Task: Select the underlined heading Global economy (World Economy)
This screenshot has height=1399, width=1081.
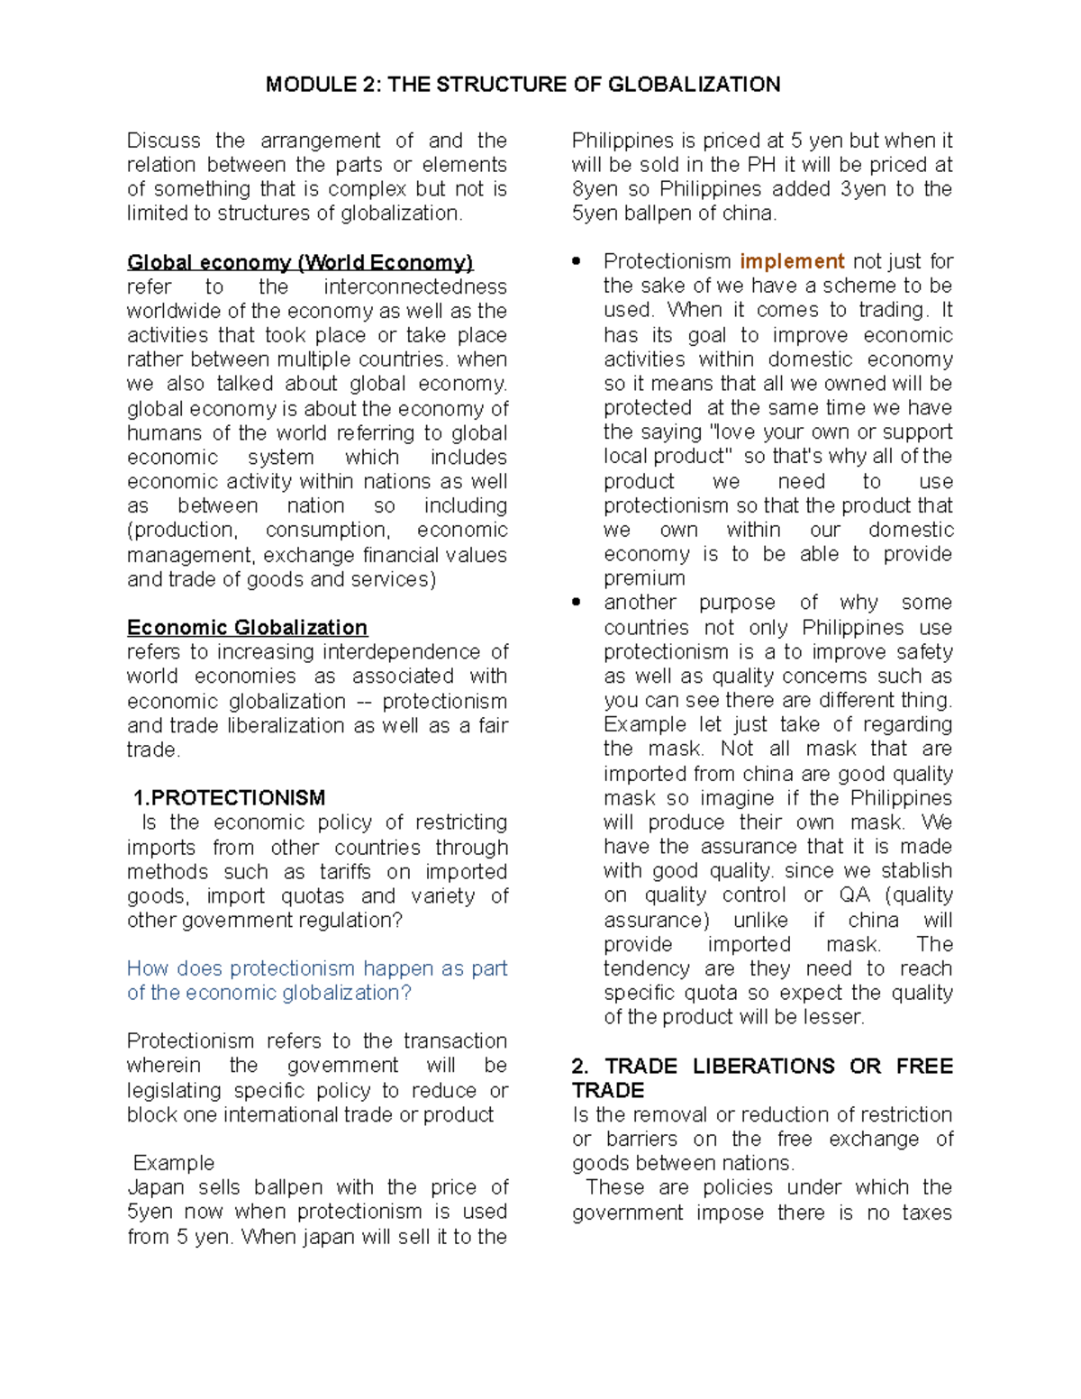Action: click(x=299, y=262)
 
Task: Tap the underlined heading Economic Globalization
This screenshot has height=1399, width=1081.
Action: click(x=247, y=627)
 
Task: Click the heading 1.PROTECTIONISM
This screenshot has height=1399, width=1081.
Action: click(x=229, y=797)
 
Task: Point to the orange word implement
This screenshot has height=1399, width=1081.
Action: click(x=792, y=261)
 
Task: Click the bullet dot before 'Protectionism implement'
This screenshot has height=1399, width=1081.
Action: click(x=577, y=261)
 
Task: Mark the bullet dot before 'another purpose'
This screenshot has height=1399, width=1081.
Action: click(x=577, y=602)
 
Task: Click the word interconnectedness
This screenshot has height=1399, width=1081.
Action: click(x=415, y=286)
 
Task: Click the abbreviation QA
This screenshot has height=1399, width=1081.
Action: click(x=854, y=895)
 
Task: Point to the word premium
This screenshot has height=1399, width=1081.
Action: click(x=644, y=578)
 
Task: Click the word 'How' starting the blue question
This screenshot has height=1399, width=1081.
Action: click(x=147, y=968)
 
